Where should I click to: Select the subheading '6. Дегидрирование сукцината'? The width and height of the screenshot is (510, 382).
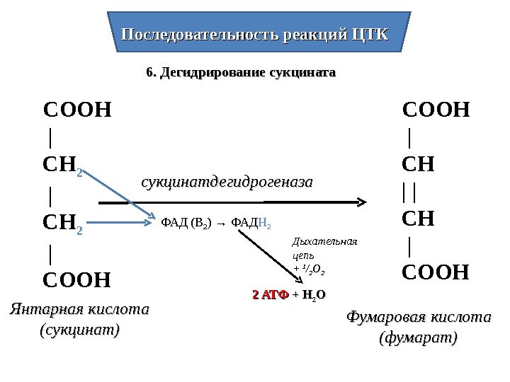pyautogui.click(x=240, y=73)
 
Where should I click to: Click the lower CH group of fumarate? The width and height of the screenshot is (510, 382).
pyautogui.click(x=419, y=219)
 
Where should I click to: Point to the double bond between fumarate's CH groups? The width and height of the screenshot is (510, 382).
pyautogui.click(x=409, y=192)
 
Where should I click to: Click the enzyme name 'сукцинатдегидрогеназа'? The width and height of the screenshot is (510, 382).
pyautogui.click(x=227, y=183)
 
